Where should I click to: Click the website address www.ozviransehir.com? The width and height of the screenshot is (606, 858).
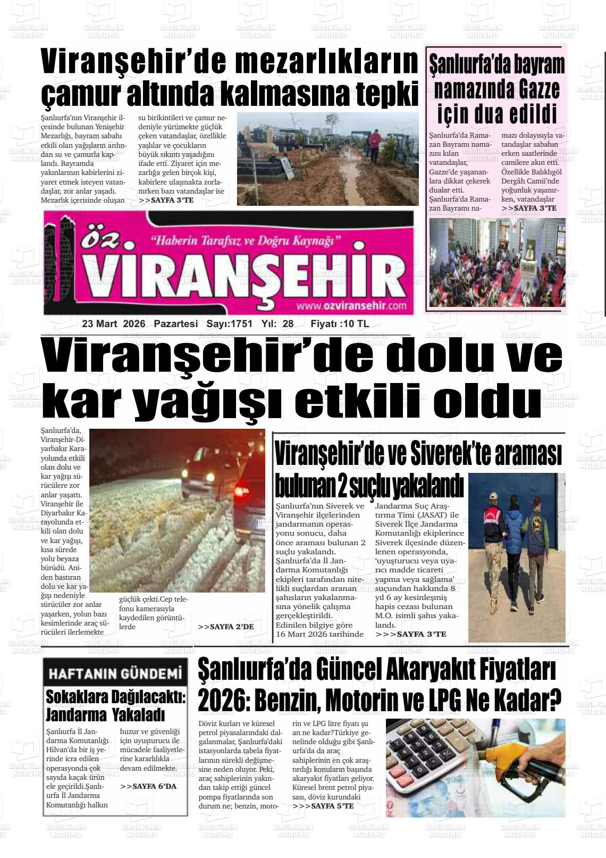351,306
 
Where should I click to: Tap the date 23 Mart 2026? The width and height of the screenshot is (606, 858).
114,323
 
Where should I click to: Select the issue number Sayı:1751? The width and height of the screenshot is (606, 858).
229,323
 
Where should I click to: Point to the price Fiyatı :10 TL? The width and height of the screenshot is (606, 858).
339,323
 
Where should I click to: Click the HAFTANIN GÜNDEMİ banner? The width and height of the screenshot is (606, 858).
115,674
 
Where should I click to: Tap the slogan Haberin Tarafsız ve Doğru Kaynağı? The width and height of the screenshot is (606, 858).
246,240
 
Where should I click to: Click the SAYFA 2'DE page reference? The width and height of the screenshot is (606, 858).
226,627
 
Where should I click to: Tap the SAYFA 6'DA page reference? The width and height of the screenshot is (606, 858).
148,786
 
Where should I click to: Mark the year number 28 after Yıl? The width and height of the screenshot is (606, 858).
288,323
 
